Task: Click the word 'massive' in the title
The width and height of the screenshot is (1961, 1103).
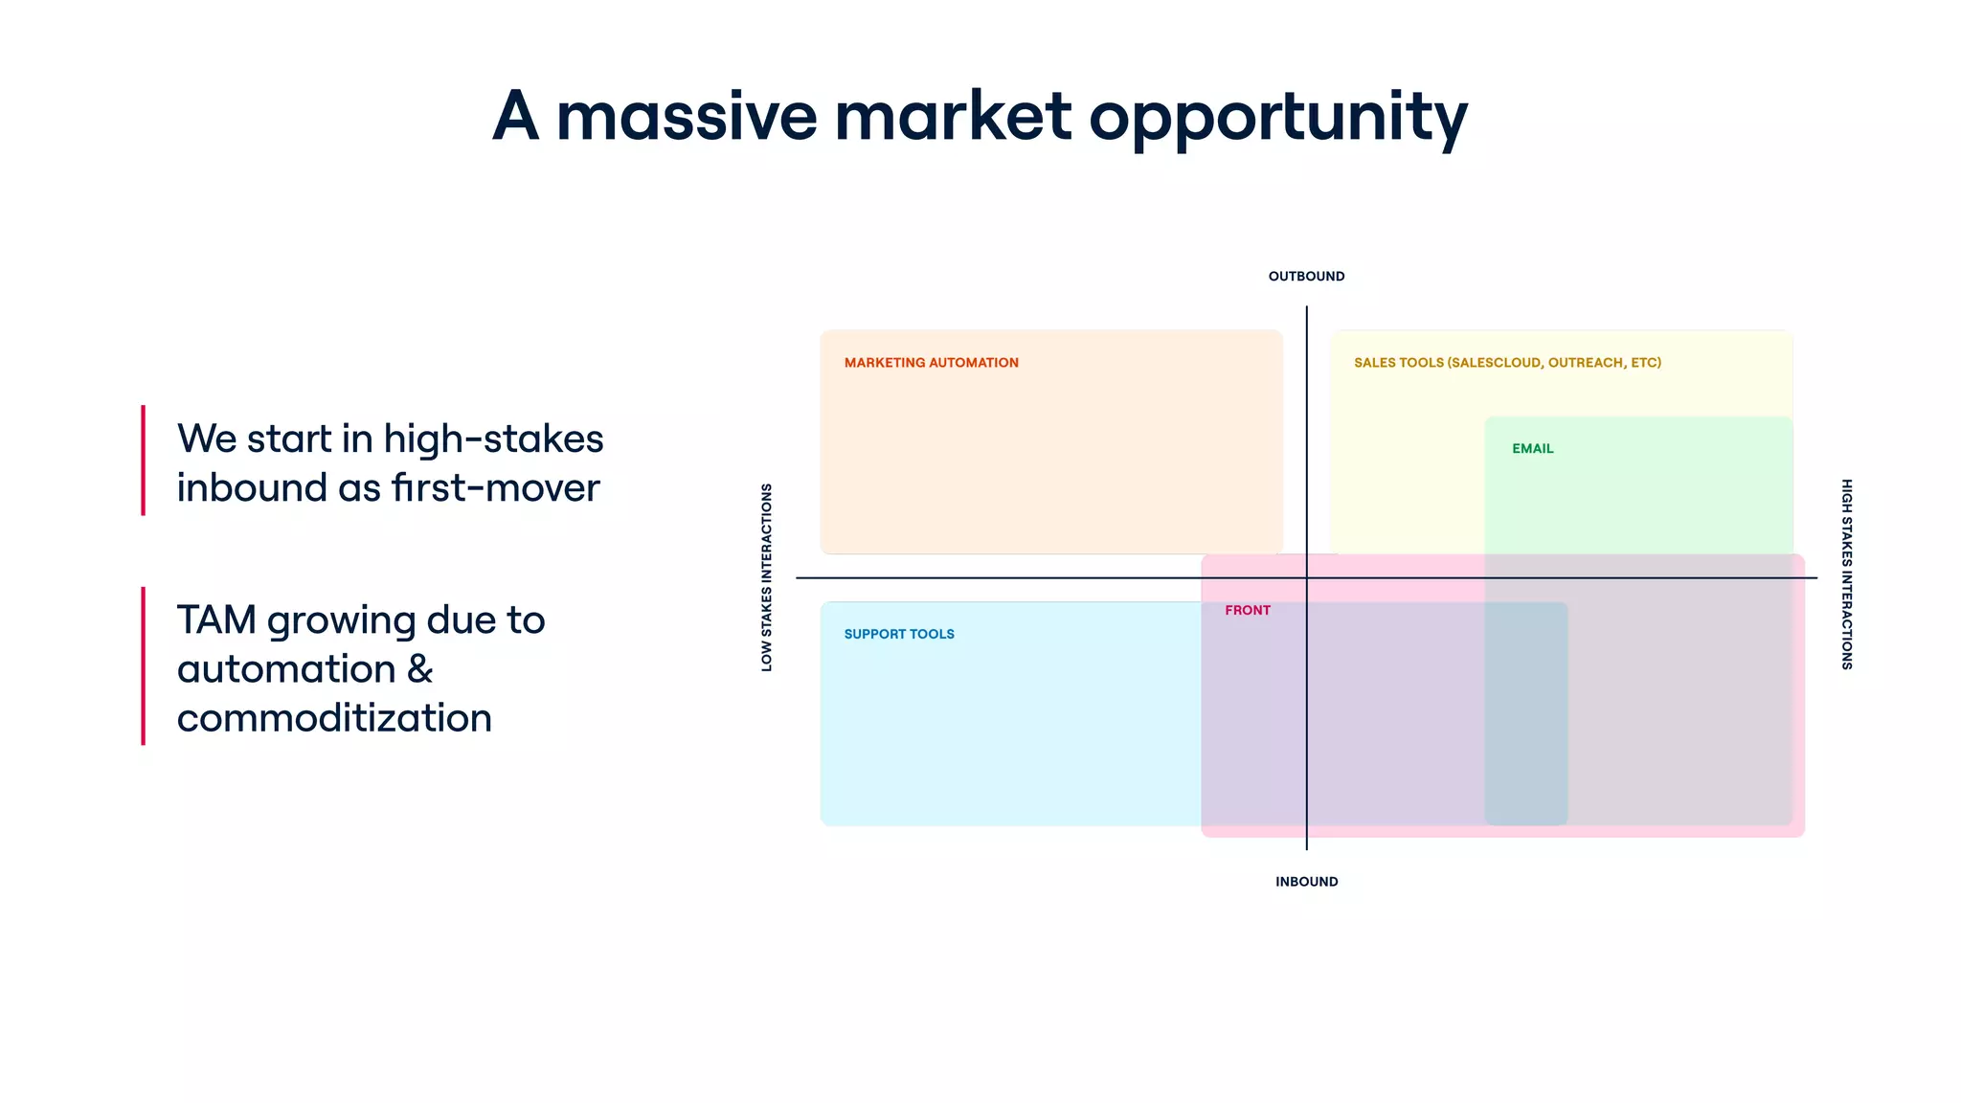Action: tap(687, 117)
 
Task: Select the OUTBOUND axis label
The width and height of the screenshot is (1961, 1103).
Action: tap(1306, 277)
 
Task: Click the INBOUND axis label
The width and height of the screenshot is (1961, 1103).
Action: tap(1306, 882)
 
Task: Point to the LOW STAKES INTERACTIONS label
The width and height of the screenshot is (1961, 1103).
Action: tap(766, 576)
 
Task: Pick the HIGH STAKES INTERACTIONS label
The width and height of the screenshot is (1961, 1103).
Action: tap(1846, 574)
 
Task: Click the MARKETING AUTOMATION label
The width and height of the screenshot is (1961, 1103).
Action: tap(931, 363)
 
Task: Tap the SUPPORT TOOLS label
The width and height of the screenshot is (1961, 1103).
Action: tap(898, 634)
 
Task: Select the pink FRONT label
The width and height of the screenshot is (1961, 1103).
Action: tap(1247, 611)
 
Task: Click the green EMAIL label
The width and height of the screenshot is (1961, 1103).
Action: tap(1532, 449)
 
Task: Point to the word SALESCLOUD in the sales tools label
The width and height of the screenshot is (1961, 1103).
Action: tap(1496, 363)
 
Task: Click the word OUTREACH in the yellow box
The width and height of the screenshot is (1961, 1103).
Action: tap(1586, 363)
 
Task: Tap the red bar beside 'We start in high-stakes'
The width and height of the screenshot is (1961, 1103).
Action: tap(144, 461)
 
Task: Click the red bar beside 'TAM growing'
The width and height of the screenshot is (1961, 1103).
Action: tap(144, 666)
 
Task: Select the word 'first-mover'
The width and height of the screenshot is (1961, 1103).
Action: tap(495, 488)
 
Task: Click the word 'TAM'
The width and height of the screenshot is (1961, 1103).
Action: tap(216, 620)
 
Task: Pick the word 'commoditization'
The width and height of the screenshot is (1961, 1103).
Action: tap(334, 718)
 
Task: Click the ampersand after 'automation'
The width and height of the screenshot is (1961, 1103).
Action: tap(420, 669)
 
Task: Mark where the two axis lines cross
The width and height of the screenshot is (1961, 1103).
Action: tap(1306, 578)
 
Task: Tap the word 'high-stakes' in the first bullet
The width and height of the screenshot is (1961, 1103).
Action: tap(493, 439)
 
